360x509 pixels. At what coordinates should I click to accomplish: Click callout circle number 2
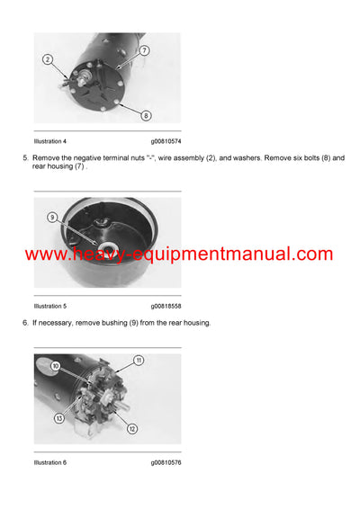(47, 59)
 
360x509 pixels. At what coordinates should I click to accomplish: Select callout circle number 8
(147, 115)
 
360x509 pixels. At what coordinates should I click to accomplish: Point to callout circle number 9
(52, 217)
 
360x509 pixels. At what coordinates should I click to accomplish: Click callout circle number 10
(55, 365)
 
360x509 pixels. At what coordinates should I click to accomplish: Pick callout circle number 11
(139, 361)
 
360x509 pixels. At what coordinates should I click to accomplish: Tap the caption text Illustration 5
(50, 307)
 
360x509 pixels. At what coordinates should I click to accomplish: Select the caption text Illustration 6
(50, 462)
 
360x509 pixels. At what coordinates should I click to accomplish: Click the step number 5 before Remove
(24, 158)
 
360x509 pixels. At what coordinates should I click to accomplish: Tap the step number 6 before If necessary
(24, 323)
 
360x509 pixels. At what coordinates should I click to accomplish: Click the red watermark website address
(179, 254)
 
